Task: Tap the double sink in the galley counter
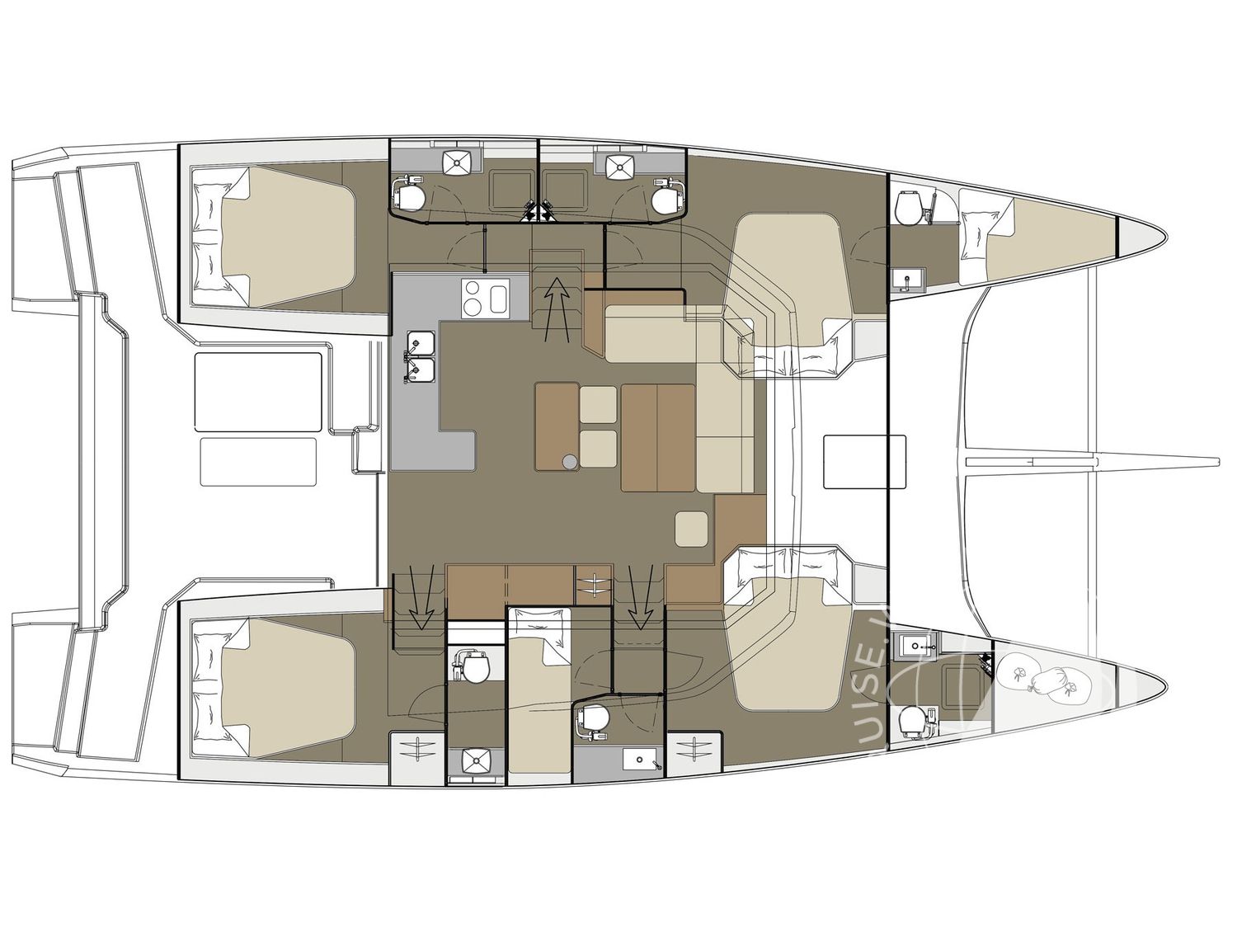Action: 421,357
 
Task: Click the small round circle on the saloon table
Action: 569,463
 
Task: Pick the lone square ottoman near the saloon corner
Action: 691,529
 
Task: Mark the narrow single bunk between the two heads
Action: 539,693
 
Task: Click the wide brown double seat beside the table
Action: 657,437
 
